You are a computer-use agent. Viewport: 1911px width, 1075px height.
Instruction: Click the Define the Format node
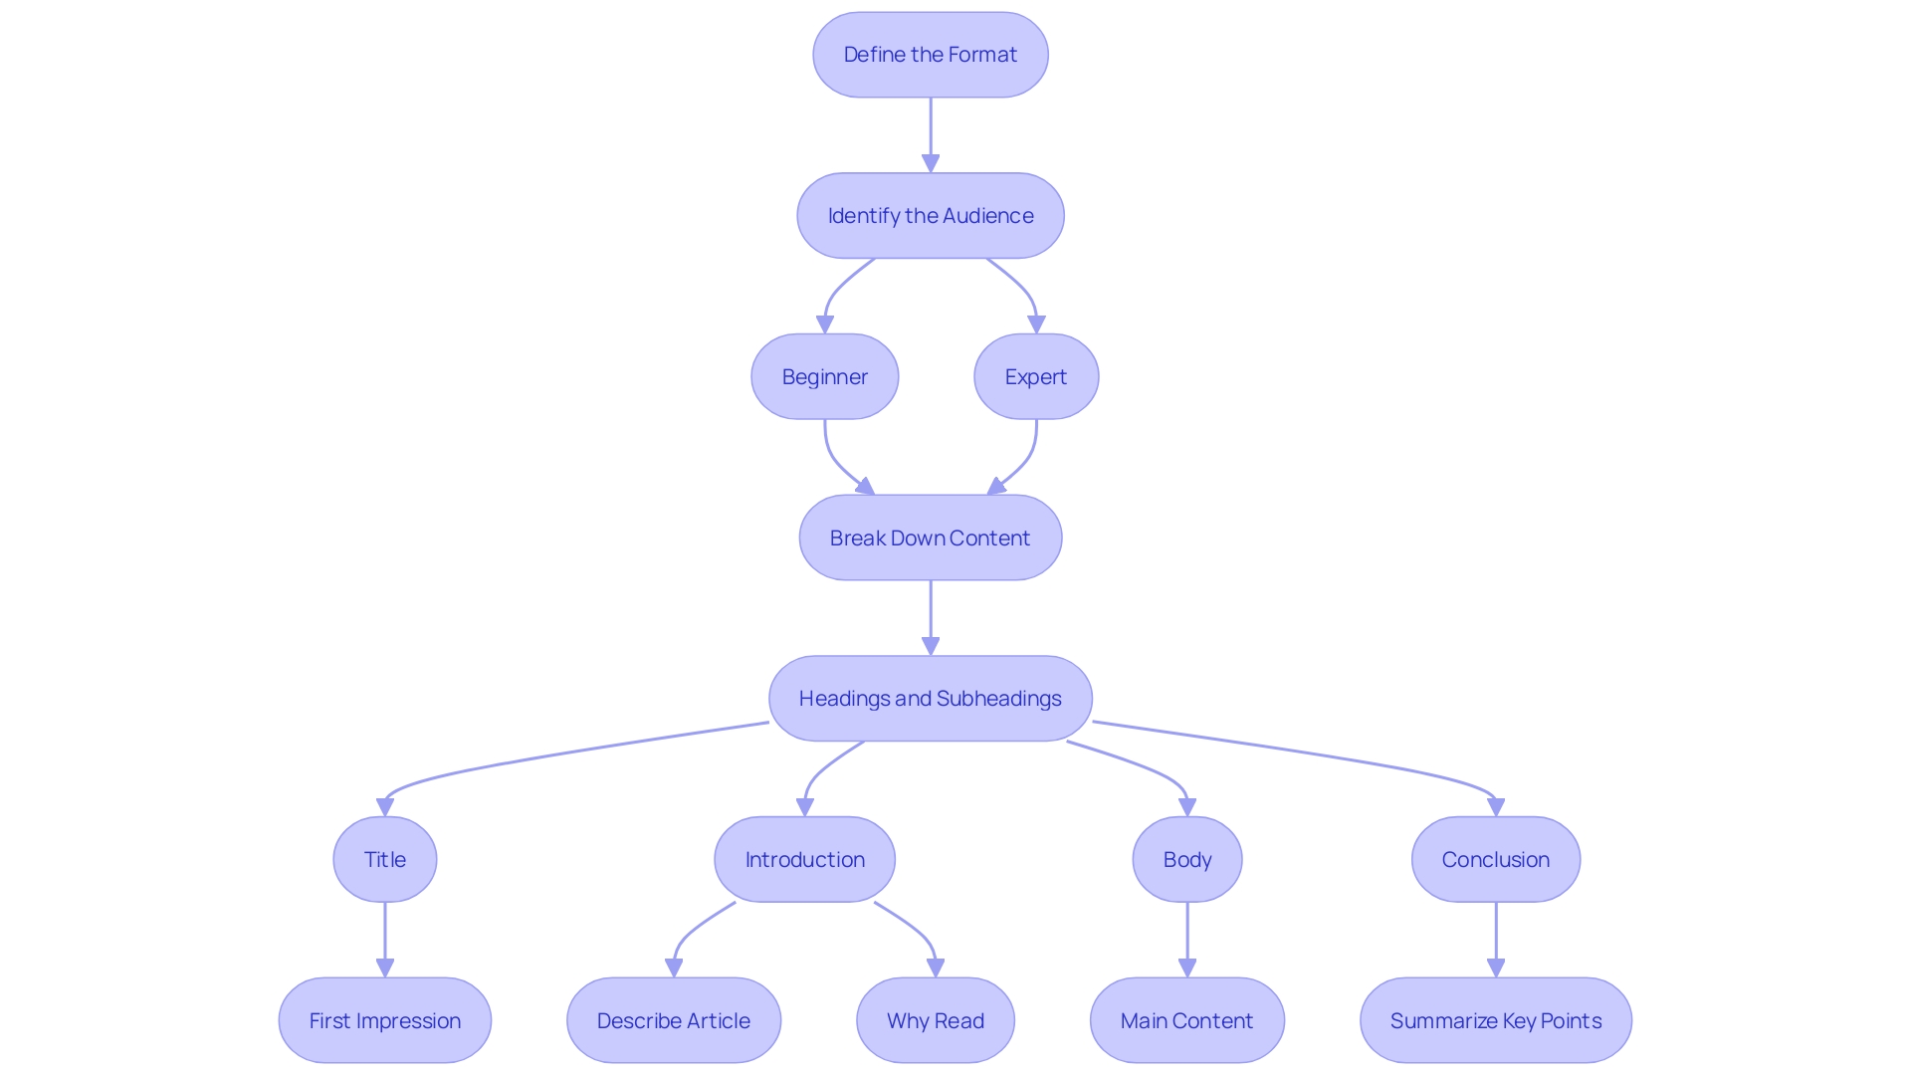pos(930,55)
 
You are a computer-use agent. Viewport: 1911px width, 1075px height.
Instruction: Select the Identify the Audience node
pos(930,216)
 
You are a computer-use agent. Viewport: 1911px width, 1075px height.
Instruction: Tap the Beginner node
pos(824,377)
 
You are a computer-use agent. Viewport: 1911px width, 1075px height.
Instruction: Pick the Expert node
pos(1036,377)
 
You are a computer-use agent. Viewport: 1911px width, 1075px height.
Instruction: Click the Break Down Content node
pos(930,537)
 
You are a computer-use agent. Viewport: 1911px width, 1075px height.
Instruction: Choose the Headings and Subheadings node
pos(930,699)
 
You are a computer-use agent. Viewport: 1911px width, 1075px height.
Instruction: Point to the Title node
pos(384,860)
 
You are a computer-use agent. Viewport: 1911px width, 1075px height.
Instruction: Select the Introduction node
pos(804,860)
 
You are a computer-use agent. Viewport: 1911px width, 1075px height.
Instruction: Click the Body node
pos(1186,860)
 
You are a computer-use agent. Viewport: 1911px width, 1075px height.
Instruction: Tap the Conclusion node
pos(1495,860)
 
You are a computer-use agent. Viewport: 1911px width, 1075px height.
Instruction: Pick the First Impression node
pos(384,1020)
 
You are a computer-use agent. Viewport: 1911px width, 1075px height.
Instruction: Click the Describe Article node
pos(673,1020)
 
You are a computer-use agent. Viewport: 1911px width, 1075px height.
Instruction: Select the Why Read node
pos(935,1020)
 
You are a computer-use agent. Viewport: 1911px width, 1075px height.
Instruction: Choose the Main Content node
pos(1186,1020)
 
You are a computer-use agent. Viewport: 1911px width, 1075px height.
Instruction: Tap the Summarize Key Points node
pos(1495,1020)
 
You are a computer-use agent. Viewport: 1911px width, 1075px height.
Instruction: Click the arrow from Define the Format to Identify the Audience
pos(931,134)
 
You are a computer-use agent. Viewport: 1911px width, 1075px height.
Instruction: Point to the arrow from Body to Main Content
pos(1187,939)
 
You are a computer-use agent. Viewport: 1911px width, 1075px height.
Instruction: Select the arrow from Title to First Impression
pos(385,939)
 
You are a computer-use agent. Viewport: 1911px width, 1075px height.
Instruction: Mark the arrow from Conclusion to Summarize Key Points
pos(1496,939)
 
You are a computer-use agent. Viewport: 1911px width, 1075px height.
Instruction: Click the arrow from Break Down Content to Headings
pos(931,617)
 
